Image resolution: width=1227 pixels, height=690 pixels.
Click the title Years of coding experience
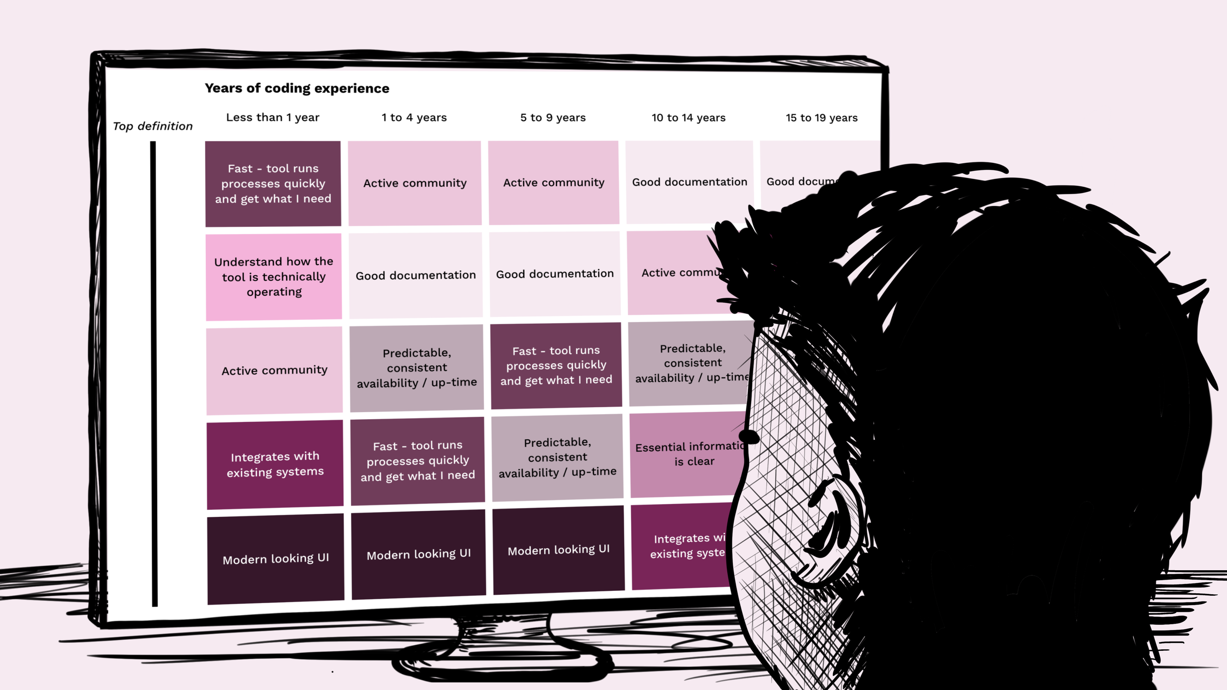296,88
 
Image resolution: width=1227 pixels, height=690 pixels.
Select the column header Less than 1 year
272,117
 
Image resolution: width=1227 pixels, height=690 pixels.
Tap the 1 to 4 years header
414,118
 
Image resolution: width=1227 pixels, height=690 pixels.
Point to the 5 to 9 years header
553,118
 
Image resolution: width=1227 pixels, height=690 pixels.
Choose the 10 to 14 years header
688,118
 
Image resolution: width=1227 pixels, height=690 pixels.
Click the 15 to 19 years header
821,118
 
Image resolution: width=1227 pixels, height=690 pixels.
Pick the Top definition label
153,126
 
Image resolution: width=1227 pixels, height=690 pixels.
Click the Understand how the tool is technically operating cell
273,277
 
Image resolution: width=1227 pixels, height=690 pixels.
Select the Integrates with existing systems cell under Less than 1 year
275,464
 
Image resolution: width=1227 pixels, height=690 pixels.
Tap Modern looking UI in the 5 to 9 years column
559,550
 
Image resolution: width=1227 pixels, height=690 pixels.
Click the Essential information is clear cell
687,454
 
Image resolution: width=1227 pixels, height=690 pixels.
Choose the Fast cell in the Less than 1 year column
273,184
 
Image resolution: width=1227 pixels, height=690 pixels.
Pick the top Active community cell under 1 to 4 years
415,183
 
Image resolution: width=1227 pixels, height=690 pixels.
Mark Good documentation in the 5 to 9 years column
555,274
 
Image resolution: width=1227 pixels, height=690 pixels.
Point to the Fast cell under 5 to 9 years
556,365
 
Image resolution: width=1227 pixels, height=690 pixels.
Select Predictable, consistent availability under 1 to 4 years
417,368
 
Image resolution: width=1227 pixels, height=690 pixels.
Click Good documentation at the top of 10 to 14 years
689,182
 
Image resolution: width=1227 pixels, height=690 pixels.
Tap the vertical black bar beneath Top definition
154,373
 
